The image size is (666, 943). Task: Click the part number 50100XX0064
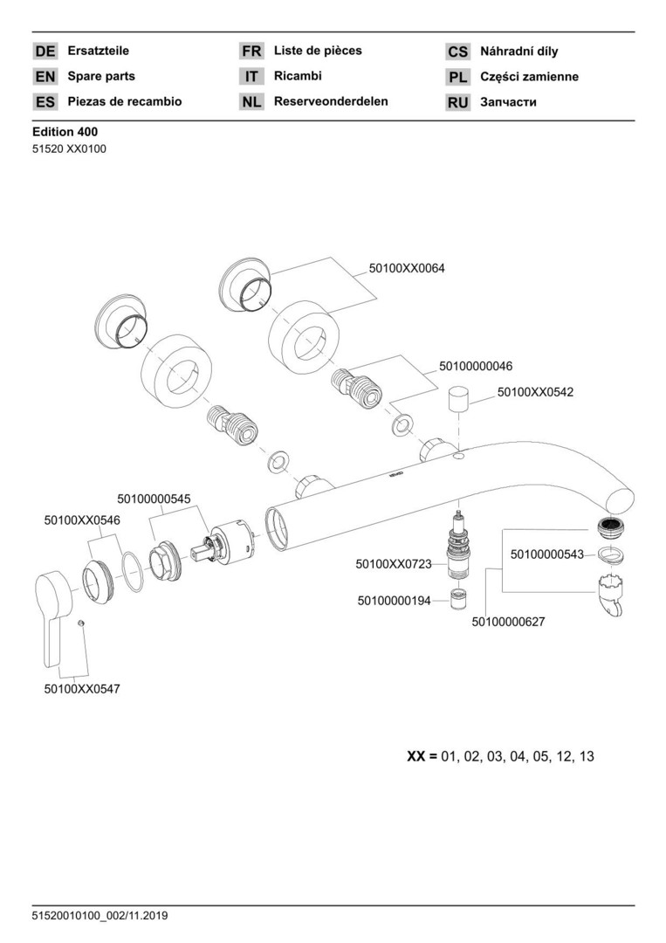tap(407, 269)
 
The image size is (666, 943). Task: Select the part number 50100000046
tap(476, 366)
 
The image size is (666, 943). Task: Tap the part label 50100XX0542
tap(535, 393)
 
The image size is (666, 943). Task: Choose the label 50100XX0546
tap(82, 520)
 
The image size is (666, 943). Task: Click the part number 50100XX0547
tap(82, 688)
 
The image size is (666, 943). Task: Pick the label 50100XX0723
tap(394, 565)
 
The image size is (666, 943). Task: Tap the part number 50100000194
tap(394, 601)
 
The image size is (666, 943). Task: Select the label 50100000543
tap(547, 554)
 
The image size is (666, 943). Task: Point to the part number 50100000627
tap(509, 622)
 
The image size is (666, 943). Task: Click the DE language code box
tap(45, 52)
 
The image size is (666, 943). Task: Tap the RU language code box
tap(458, 102)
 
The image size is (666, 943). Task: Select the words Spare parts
tap(101, 76)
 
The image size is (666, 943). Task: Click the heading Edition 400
tap(65, 132)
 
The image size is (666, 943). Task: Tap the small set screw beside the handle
tap(79, 623)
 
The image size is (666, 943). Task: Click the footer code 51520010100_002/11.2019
tap(100, 916)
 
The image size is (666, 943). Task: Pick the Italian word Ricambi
tap(298, 76)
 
